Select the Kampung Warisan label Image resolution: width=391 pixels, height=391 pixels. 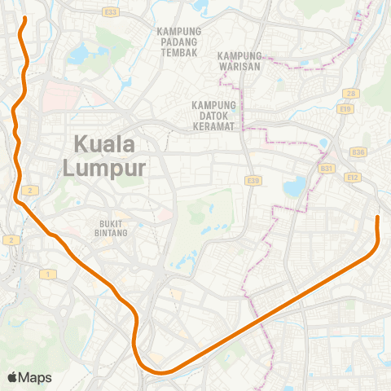click(x=239, y=61)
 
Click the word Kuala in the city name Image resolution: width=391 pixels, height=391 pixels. click(x=104, y=145)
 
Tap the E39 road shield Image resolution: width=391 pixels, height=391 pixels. click(x=253, y=180)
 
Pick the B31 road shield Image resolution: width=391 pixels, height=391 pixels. click(x=327, y=169)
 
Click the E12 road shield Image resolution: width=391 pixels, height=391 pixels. click(x=353, y=177)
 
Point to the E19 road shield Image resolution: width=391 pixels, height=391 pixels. click(x=346, y=108)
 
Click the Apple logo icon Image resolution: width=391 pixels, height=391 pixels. click(x=12, y=377)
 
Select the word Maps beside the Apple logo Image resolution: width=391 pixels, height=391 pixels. click(x=35, y=377)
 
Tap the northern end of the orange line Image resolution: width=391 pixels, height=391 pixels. click(x=24, y=18)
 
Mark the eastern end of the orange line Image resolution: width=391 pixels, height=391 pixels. click(x=377, y=217)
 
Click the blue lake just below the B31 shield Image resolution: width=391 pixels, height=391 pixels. click(x=294, y=188)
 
